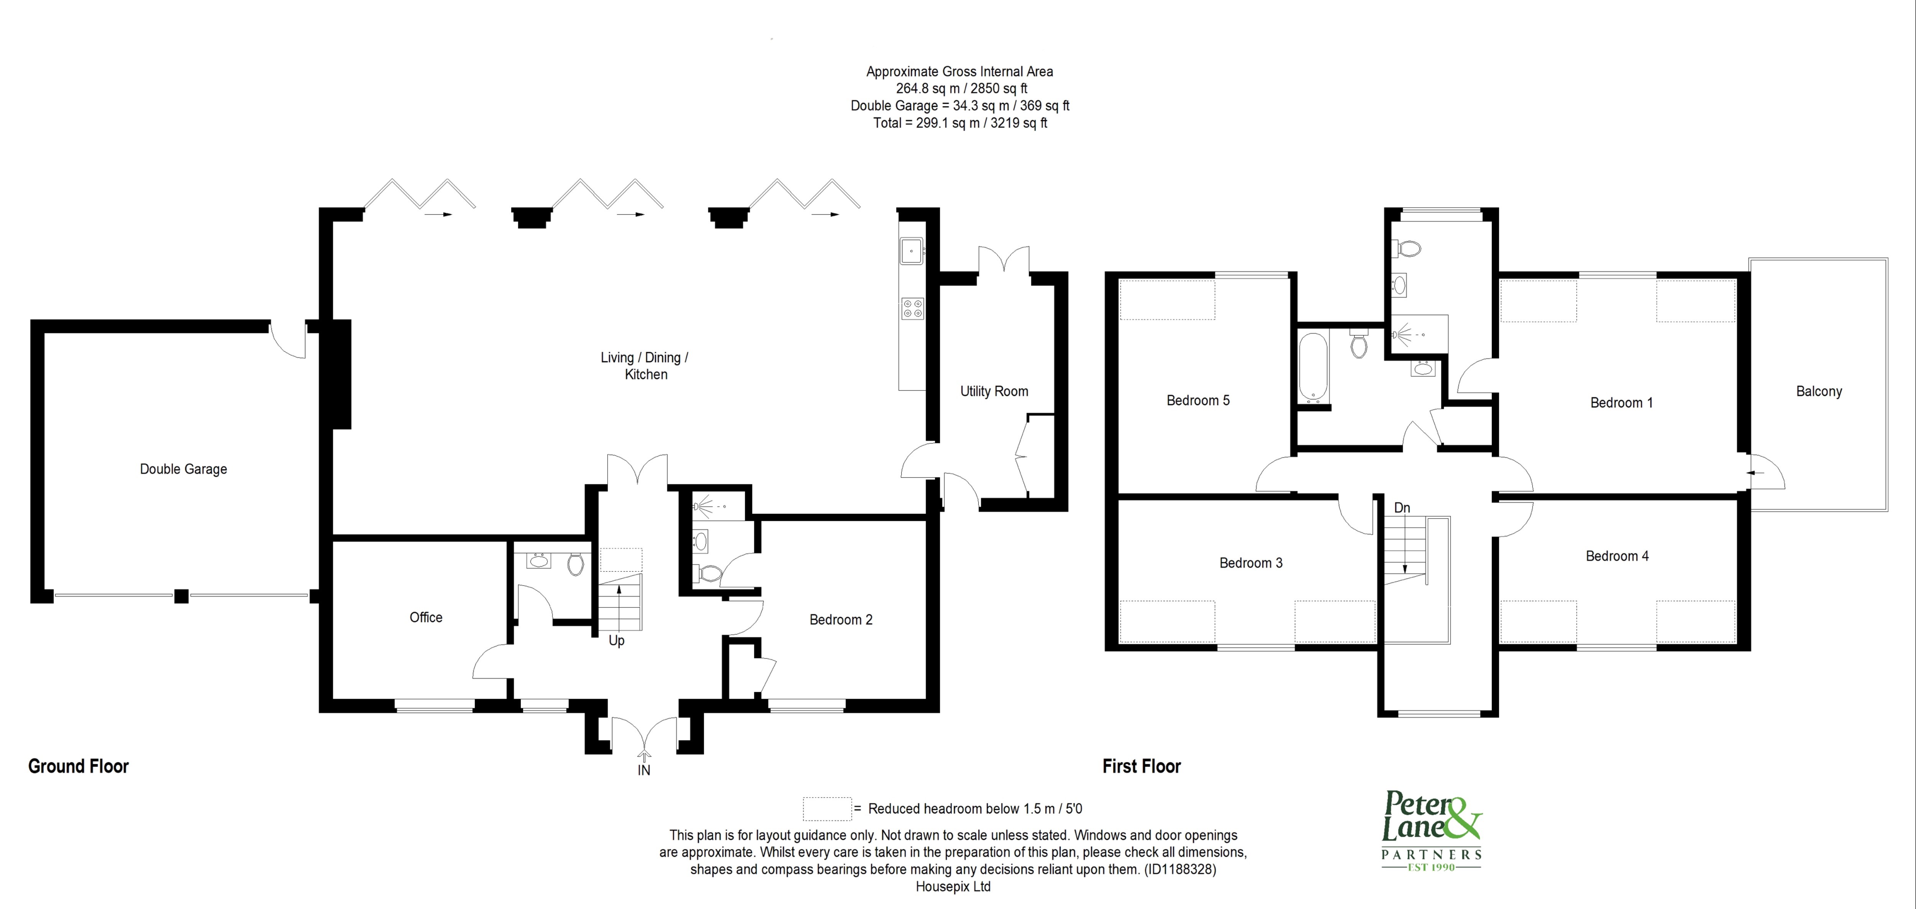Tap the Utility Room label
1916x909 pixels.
pyautogui.click(x=994, y=391)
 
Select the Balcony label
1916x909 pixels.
pyautogui.click(x=1819, y=391)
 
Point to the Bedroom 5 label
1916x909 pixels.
pyautogui.click(x=1197, y=400)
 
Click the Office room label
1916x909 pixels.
pyautogui.click(x=425, y=617)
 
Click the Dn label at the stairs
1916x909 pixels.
pyautogui.click(x=1401, y=508)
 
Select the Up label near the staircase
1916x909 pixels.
pyautogui.click(x=616, y=641)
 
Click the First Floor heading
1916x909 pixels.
pyautogui.click(x=1141, y=766)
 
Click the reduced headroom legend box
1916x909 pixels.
pyautogui.click(x=826, y=809)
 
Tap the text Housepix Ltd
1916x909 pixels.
pyautogui.click(x=953, y=887)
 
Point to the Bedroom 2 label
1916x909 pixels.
pyautogui.click(x=840, y=620)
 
